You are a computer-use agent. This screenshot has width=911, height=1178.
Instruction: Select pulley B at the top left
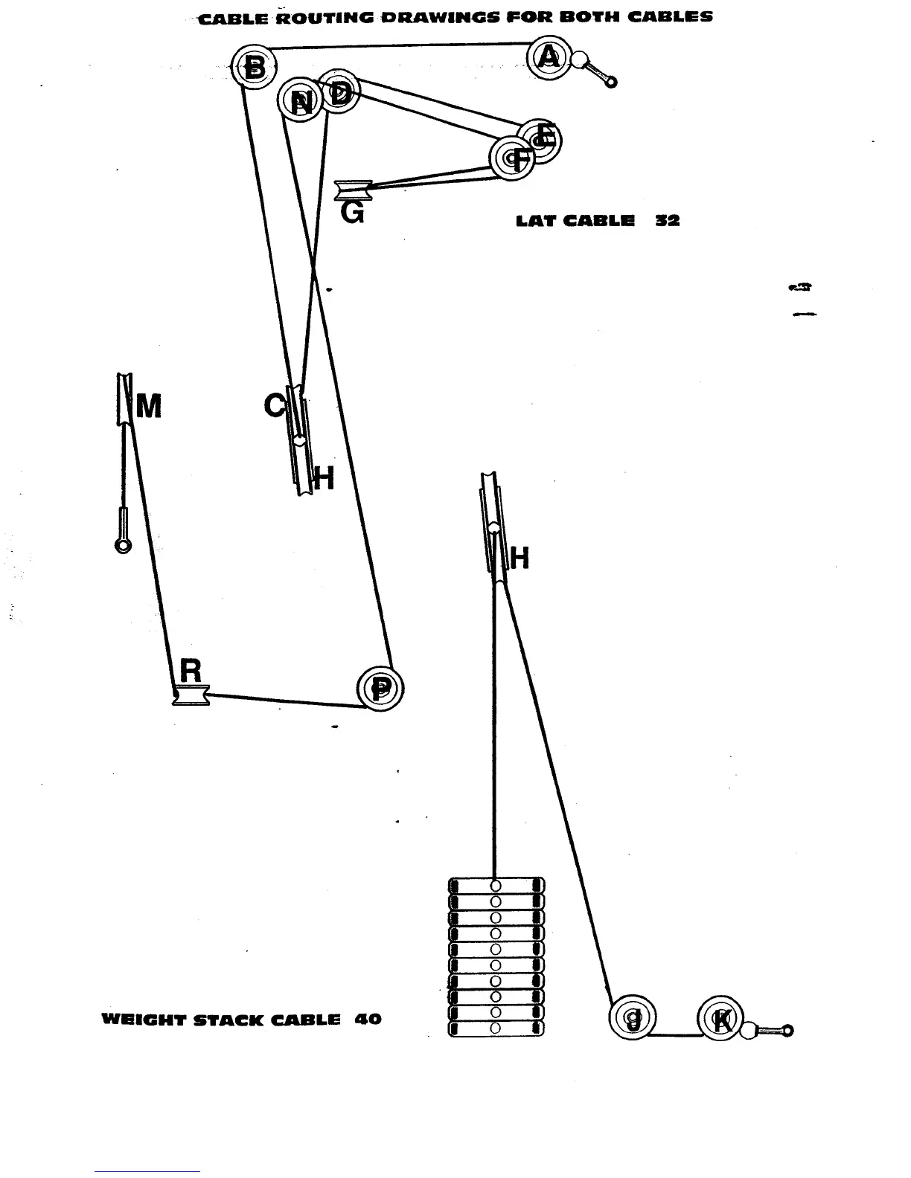coord(253,68)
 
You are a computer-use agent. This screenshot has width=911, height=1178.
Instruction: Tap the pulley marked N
coord(300,100)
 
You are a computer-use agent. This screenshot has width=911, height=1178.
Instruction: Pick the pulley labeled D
coord(339,93)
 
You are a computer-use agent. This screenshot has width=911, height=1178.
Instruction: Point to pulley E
coord(541,138)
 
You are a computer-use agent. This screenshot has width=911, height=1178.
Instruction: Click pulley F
coord(512,158)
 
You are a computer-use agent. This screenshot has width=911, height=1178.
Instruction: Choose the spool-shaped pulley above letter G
coord(348,190)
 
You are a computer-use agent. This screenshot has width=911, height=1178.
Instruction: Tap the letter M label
coord(149,407)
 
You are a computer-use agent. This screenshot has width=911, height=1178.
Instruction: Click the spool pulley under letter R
coord(191,695)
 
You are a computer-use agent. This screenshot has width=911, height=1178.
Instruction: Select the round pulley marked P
coord(380,688)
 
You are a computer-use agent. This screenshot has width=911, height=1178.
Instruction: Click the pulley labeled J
coord(633,1017)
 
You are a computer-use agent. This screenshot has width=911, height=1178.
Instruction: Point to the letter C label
coord(274,406)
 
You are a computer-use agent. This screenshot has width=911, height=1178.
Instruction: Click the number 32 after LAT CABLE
coord(667,221)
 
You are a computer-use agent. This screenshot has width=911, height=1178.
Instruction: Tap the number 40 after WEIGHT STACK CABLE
coord(368,1019)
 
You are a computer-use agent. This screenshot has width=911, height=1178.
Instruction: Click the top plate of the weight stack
coord(496,885)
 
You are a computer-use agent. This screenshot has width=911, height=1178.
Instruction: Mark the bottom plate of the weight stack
coord(496,1029)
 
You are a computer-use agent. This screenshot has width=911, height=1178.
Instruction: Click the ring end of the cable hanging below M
coord(123,546)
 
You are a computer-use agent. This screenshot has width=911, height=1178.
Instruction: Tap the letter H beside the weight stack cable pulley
coord(520,558)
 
